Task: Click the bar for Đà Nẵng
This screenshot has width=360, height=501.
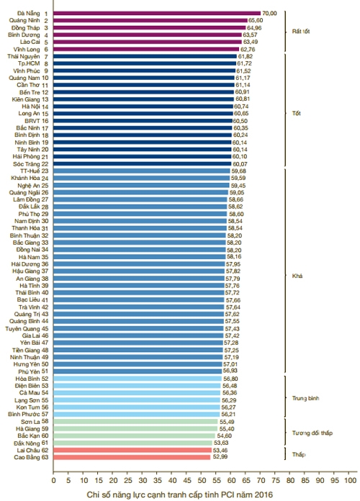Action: click(157, 14)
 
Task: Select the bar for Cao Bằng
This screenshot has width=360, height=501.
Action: click(132, 457)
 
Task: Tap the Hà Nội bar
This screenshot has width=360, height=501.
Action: click(143, 107)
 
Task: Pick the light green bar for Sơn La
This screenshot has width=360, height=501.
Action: click(135, 422)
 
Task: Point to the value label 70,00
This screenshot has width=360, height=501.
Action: click(269, 14)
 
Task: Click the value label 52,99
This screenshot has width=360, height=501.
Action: click(219, 457)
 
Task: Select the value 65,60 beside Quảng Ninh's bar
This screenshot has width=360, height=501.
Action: click(256, 20)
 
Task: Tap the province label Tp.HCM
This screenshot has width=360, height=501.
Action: click(29, 63)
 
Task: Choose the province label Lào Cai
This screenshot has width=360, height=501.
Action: click(30, 42)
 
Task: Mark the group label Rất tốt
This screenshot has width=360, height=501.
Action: click(301, 32)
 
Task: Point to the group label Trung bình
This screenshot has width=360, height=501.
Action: click(306, 399)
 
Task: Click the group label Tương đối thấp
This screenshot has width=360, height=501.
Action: click(312, 433)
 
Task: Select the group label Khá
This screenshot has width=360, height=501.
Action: click(297, 276)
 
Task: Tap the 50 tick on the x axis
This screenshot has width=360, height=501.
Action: click(202, 480)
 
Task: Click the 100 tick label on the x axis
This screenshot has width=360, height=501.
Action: click(350, 480)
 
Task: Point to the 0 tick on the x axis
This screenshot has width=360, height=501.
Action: click(53, 480)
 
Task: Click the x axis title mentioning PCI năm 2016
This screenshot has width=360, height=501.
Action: click(180, 495)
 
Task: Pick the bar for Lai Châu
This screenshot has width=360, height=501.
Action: click(132, 450)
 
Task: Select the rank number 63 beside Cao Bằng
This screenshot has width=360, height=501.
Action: click(45, 457)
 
